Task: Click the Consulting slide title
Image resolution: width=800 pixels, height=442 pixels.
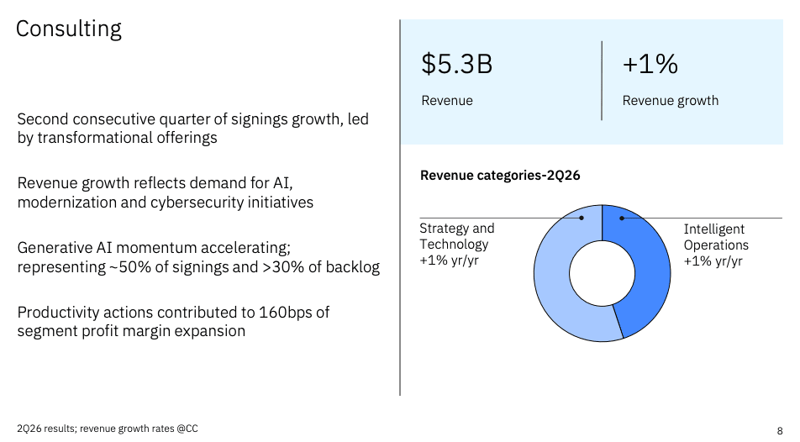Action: coord(69,29)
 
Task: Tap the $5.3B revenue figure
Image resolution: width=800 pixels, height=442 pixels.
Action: coord(456,65)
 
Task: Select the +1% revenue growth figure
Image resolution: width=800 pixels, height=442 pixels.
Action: coord(650,65)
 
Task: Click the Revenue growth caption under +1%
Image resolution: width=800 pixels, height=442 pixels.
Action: coord(670,101)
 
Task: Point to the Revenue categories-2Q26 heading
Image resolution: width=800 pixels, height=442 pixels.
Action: coord(500,175)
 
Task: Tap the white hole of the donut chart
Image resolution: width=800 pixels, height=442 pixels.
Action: coord(602,274)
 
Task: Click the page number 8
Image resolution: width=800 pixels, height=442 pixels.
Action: coord(780,431)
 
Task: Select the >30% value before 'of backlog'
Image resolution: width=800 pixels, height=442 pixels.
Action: coord(283,267)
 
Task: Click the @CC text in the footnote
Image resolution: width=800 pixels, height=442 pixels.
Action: coord(187,429)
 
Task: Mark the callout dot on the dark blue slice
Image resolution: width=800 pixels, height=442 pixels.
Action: coord(622,218)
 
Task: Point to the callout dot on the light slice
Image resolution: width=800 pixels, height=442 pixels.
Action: coord(582,218)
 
